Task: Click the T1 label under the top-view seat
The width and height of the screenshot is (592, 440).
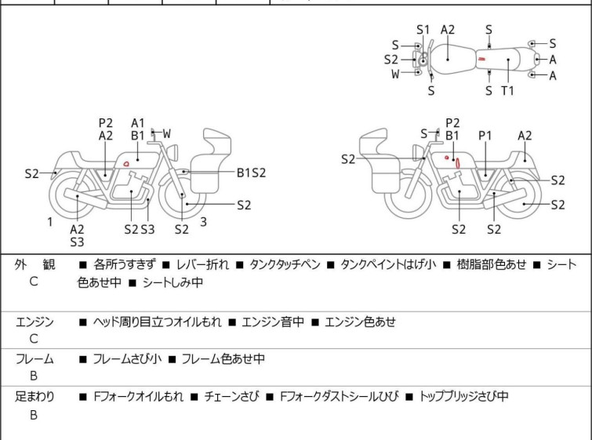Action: (507, 91)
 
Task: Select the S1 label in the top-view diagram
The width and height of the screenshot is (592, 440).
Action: (423, 30)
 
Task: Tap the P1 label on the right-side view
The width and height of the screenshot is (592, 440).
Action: (485, 135)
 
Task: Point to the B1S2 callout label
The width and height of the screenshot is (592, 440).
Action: (251, 173)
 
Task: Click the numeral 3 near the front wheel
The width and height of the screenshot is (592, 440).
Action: (204, 222)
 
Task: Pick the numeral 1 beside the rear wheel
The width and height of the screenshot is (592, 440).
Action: (50, 222)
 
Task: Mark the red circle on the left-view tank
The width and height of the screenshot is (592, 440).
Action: (126, 164)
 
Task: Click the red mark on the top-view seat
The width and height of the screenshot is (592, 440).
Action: (481, 59)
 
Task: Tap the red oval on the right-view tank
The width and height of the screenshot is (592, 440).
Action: (458, 163)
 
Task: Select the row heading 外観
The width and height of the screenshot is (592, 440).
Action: (35, 264)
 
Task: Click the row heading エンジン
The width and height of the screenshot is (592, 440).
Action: (35, 322)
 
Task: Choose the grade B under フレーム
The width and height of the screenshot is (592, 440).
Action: (34, 376)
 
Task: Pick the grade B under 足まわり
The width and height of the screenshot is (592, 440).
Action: (34, 415)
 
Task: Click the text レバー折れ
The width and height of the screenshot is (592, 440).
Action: (203, 264)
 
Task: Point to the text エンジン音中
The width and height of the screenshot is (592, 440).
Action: (273, 322)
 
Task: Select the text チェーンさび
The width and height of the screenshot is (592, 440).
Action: (232, 396)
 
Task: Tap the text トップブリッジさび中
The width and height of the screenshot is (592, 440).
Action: (463, 396)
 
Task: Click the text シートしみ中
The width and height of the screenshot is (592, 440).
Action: (173, 282)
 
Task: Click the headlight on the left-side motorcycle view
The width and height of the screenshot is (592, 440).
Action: (173, 153)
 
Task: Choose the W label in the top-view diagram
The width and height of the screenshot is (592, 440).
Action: (395, 74)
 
